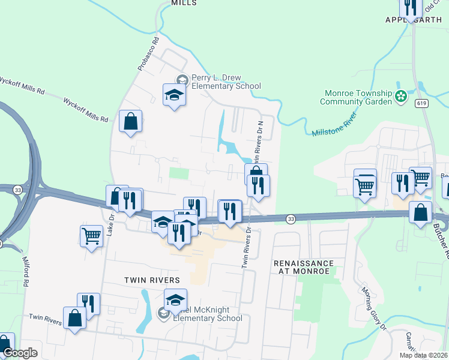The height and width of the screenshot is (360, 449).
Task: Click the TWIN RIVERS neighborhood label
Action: (x=152, y=280)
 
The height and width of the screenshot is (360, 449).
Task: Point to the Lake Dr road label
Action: (x=110, y=222)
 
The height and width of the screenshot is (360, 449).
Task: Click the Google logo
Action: (x=20, y=353)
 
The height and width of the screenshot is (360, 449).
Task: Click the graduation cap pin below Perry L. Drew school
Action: (x=174, y=95)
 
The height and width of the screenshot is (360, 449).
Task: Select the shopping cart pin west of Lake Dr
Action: (x=91, y=236)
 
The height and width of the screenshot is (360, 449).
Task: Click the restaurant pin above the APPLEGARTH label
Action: (x=411, y=7)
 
